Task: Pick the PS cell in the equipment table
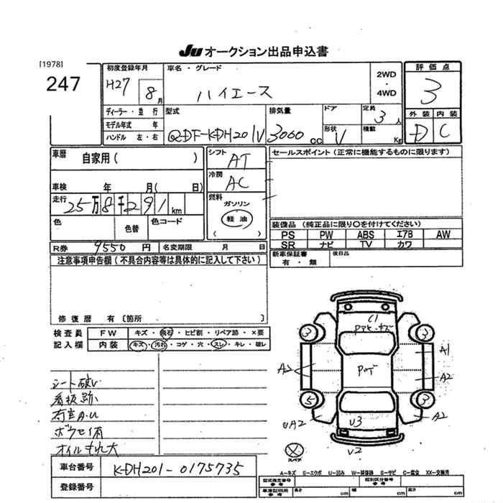pyautogui.click(x=288, y=234)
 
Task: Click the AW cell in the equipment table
pyautogui.click(x=443, y=234)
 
